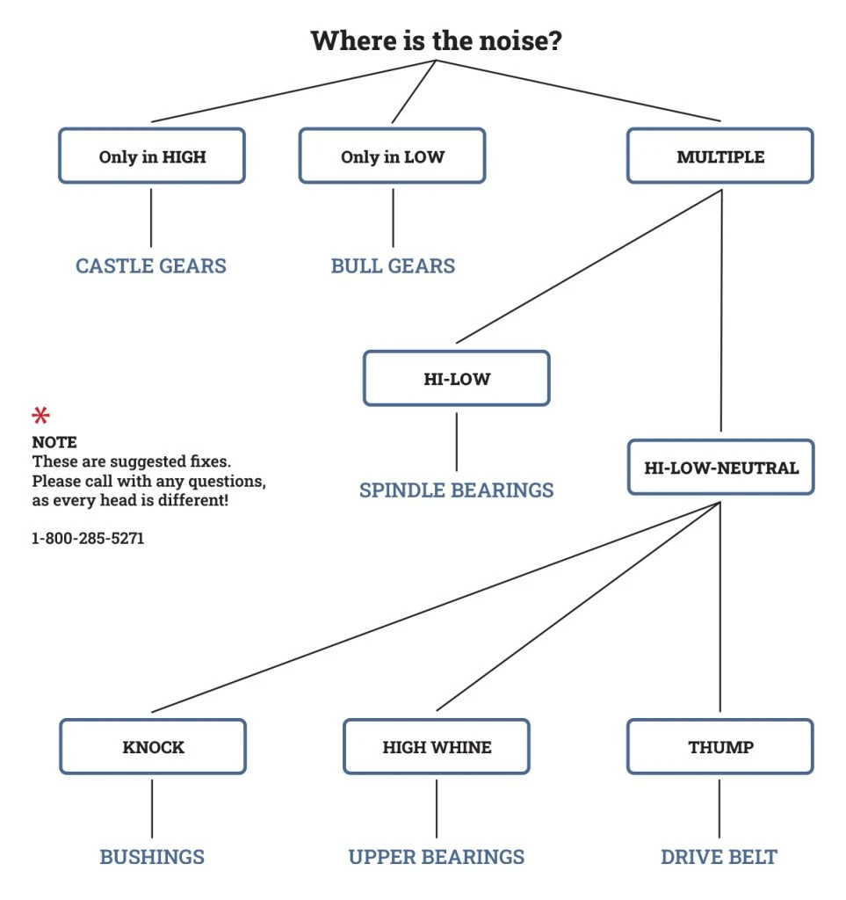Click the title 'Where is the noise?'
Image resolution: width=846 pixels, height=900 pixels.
[436, 40]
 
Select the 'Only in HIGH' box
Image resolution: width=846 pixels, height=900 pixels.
[152, 156]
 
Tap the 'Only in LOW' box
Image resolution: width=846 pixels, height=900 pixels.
[392, 156]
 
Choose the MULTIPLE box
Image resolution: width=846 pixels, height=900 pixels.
[720, 156]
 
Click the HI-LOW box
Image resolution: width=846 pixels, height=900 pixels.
[456, 379]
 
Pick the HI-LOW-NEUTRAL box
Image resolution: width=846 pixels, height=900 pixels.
[720, 467]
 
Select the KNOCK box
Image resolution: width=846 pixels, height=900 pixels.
[153, 747]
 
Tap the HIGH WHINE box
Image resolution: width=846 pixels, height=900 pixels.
[437, 747]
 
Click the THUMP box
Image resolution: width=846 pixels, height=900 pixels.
[720, 747]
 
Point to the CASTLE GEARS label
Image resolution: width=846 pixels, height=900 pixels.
[151, 265]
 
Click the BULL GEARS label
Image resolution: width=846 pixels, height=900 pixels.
[393, 265]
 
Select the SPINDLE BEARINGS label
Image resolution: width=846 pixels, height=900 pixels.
[456, 490]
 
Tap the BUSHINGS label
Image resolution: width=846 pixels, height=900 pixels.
[152, 856]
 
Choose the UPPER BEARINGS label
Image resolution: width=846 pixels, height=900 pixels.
[437, 856]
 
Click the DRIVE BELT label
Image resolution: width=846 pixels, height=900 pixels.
[719, 856]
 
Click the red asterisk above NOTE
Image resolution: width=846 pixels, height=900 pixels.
[41, 415]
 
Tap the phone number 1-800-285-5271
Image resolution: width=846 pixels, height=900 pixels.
[88, 538]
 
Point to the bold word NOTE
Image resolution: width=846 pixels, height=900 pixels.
[54, 441]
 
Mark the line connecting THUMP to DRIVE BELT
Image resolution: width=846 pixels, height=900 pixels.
[720, 807]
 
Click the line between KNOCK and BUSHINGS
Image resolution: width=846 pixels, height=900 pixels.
[152, 807]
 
